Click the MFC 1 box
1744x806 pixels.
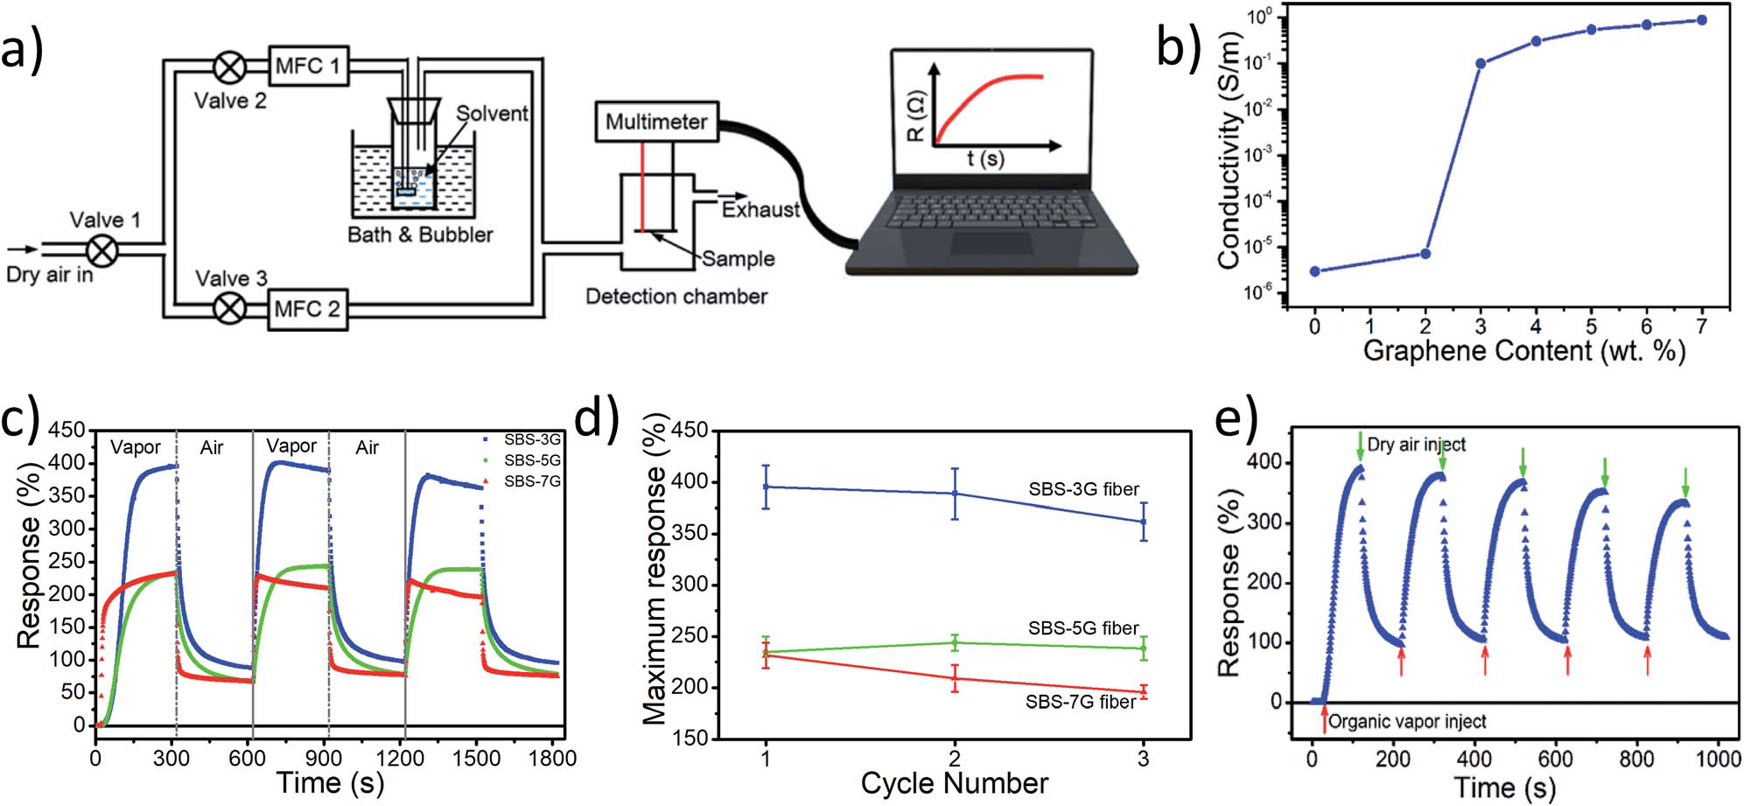pyautogui.click(x=307, y=66)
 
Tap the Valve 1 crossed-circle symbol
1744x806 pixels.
pyautogui.click(x=103, y=250)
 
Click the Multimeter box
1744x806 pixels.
pyautogui.click(x=655, y=122)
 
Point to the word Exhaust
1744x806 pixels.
pyautogui.click(x=760, y=210)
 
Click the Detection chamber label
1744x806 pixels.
pyautogui.click(x=676, y=297)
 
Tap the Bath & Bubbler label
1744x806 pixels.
pyautogui.click(x=420, y=235)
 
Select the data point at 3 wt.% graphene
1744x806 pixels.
pyautogui.click(x=1481, y=63)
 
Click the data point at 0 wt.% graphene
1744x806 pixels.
pyautogui.click(x=1314, y=271)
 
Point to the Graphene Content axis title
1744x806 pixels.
pyautogui.click(x=1523, y=351)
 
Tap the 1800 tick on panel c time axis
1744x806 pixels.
pyautogui.click(x=552, y=757)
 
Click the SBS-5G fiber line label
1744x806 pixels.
pyautogui.click(x=1083, y=628)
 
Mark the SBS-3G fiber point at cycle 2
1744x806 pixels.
pyautogui.click(x=955, y=494)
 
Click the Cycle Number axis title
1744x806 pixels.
pyautogui.click(x=954, y=782)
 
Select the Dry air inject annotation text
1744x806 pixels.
pyautogui.click(x=1416, y=445)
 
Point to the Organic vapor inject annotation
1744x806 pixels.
pyautogui.click(x=1407, y=722)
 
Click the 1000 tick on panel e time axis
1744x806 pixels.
pyautogui.click(x=1719, y=759)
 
